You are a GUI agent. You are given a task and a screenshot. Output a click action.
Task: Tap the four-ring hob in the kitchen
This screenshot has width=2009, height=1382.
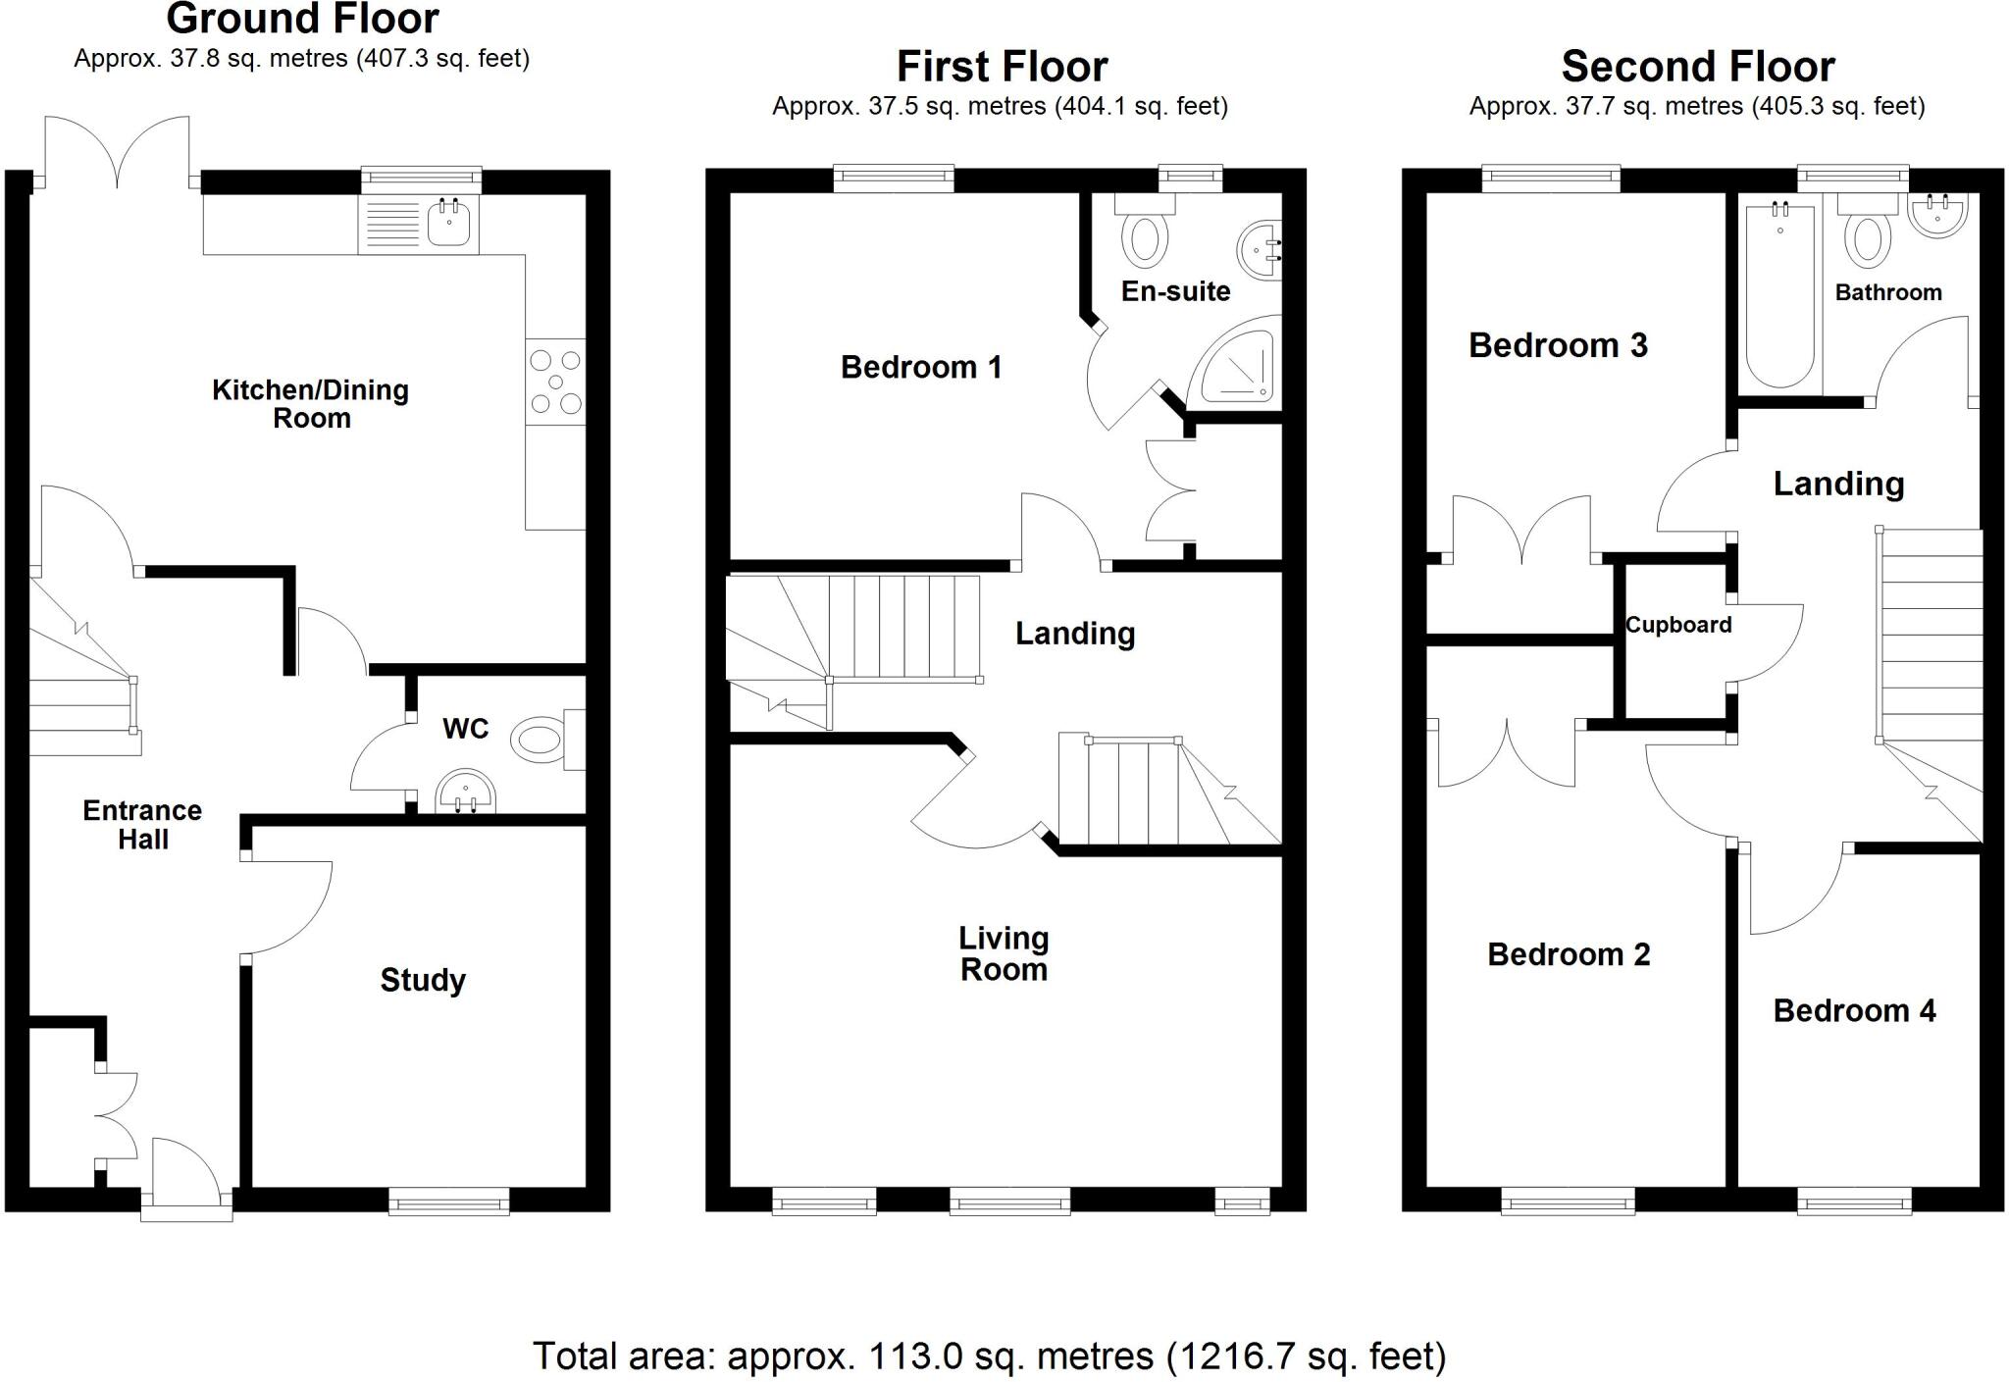(555, 382)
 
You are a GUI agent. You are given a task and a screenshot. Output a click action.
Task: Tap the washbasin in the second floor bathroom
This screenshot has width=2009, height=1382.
(1937, 217)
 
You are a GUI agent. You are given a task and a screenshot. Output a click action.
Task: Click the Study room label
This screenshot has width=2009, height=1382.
(423, 980)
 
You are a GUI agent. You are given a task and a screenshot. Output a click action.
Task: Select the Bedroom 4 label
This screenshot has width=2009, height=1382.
(1854, 1011)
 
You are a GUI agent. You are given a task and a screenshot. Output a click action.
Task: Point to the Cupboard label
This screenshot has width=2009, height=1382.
(1678, 625)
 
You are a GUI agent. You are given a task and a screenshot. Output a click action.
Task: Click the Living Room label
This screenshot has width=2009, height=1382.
(1004, 954)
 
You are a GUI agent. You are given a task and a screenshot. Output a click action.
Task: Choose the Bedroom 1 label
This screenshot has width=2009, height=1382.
(921, 368)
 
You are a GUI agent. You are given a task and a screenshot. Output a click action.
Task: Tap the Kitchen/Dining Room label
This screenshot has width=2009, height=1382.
(311, 404)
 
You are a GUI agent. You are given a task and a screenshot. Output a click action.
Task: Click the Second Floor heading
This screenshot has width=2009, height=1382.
(1698, 68)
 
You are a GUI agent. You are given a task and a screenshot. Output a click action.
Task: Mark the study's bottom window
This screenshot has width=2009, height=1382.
(449, 1201)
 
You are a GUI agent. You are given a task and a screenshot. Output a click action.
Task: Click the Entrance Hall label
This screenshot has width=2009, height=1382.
(142, 825)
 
